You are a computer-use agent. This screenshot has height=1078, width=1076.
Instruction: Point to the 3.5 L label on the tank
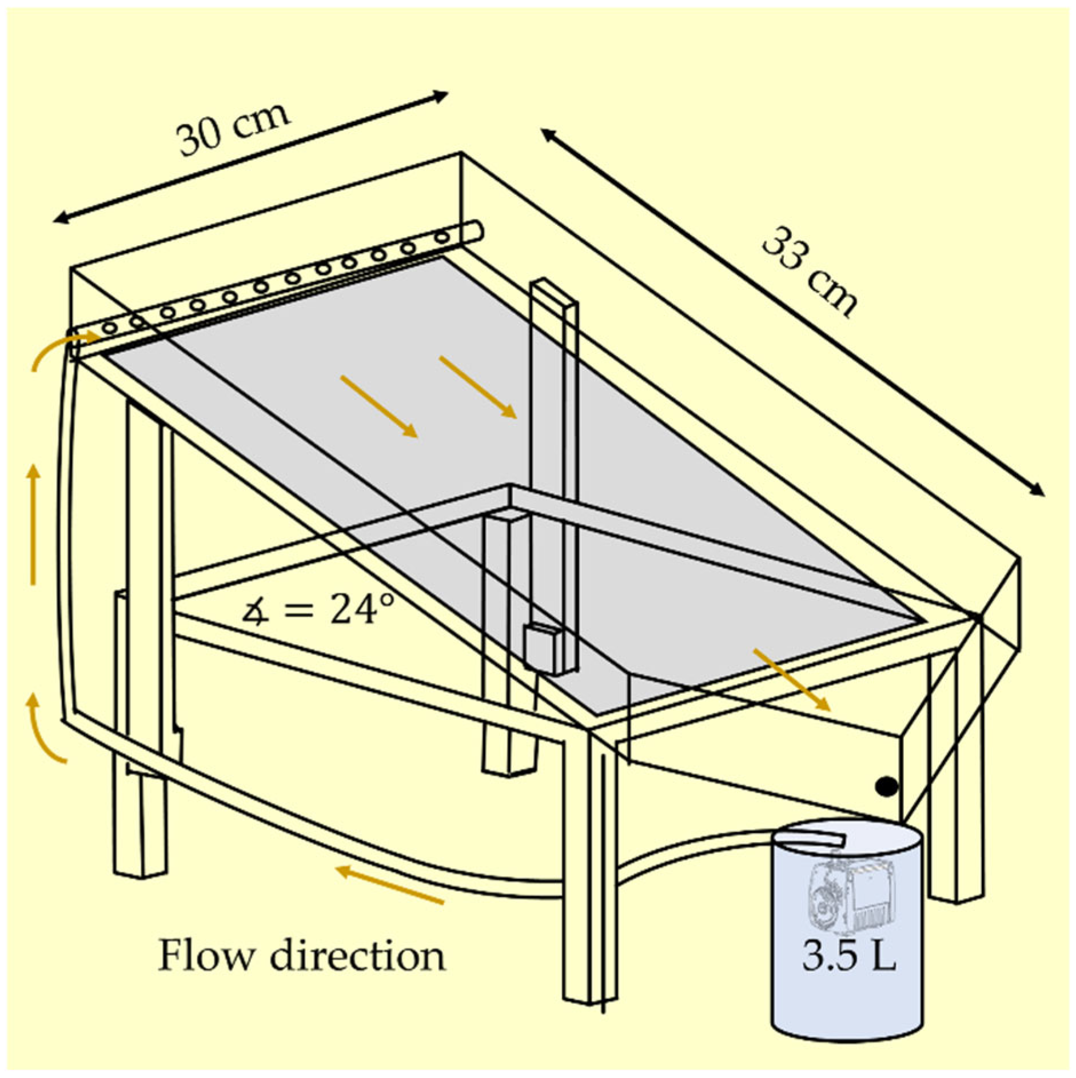coord(848,955)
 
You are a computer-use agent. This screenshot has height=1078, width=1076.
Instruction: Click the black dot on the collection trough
coord(886,787)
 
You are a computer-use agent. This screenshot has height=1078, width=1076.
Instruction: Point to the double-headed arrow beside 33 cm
coord(792,312)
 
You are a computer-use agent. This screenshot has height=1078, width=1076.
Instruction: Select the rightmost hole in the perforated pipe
coord(442,237)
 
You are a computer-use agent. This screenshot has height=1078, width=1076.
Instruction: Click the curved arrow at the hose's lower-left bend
coord(46,729)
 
